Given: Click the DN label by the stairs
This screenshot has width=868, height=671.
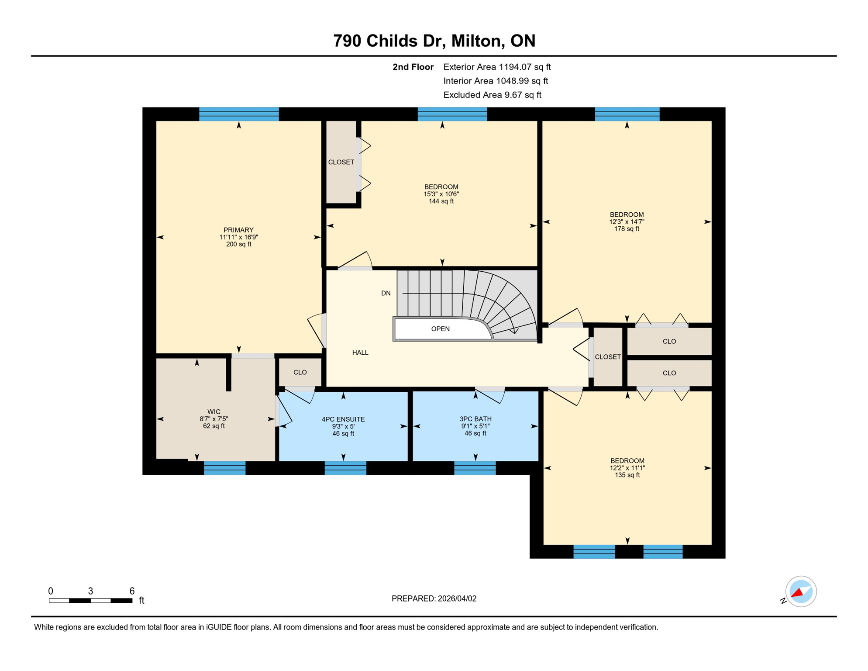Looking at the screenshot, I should pos(386,294).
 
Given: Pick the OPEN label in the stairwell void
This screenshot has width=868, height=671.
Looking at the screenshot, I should pos(440,329).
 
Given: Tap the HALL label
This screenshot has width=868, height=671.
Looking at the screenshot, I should pos(360,353).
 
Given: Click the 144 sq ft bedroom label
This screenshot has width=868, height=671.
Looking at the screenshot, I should pos(441,194).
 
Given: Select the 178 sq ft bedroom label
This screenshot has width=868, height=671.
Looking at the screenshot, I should pos(627,221).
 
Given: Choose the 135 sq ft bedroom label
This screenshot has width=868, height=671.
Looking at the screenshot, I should pos(627,468).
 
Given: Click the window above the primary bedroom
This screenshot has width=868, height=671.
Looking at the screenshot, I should pos(239,114).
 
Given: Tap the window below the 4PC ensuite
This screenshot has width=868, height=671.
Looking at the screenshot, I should pos(345,468).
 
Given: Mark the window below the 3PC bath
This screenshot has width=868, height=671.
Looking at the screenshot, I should pos(475,468).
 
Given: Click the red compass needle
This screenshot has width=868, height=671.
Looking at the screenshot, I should pos(797,593).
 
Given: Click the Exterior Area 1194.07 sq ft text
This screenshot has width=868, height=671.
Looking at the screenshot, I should pos(497,67).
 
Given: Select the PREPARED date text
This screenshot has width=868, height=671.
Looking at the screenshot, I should pos(434,599).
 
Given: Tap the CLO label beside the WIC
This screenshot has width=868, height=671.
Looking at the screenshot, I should pos(300,373).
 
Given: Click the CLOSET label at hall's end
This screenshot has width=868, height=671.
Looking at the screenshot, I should pos(607,357).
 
